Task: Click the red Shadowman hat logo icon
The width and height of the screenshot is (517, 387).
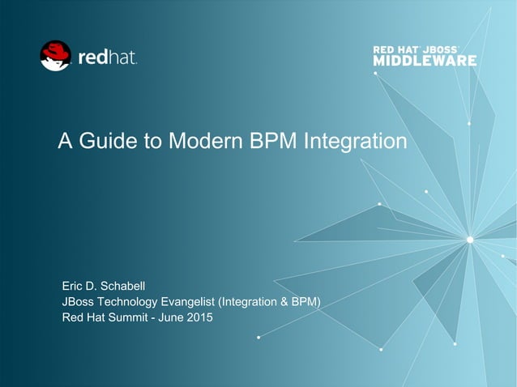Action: click(x=55, y=55)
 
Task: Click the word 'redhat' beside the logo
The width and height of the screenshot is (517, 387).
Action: click(x=107, y=57)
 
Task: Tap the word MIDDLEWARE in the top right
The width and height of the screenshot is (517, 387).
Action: click(x=424, y=61)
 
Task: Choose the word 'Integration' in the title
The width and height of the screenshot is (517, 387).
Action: click(x=354, y=142)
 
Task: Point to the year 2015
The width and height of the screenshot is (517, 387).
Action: click(x=199, y=317)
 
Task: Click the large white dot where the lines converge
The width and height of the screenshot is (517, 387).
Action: click(x=469, y=238)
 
